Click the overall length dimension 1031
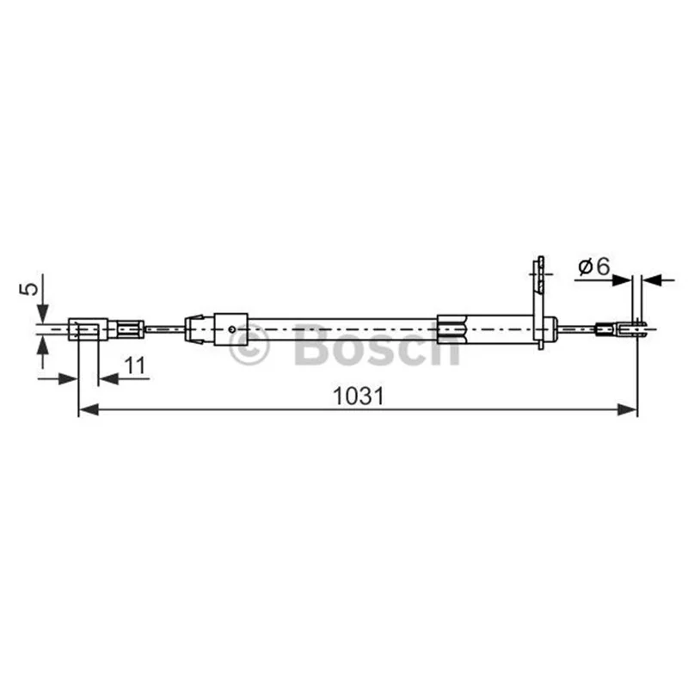358,396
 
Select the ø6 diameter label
594,267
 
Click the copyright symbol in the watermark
249,345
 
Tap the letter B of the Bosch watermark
313,345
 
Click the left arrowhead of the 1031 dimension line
88,410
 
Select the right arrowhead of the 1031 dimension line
628,410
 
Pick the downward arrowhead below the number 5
42,313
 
